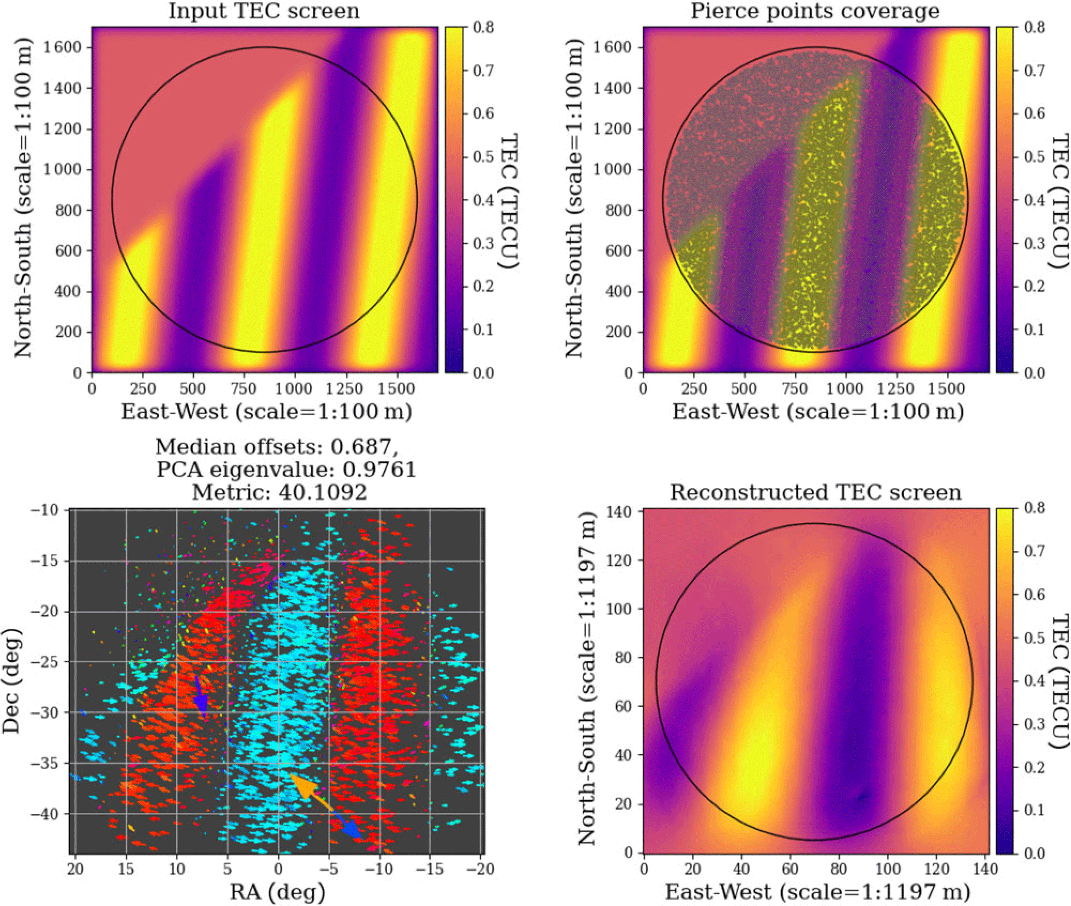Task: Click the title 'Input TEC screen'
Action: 264,11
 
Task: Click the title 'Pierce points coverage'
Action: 815,11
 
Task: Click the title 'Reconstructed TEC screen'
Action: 815,492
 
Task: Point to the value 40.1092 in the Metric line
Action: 323,492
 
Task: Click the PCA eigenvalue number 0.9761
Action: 379,470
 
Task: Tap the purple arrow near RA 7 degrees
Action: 201,696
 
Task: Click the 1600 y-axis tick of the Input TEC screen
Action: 63,48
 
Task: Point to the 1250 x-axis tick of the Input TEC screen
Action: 345,389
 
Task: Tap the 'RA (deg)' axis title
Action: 277,892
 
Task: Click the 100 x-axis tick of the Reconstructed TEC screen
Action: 887,869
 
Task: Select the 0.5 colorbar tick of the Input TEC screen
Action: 483,157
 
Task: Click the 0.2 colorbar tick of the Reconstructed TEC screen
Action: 1034,767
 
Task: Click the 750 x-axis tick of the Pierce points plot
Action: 794,389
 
